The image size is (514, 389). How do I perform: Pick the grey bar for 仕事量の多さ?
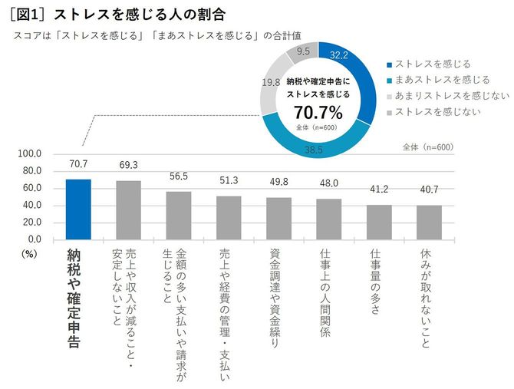(379, 223)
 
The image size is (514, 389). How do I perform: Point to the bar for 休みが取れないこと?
(429, 223)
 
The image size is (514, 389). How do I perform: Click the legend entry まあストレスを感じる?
(435, 80)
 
